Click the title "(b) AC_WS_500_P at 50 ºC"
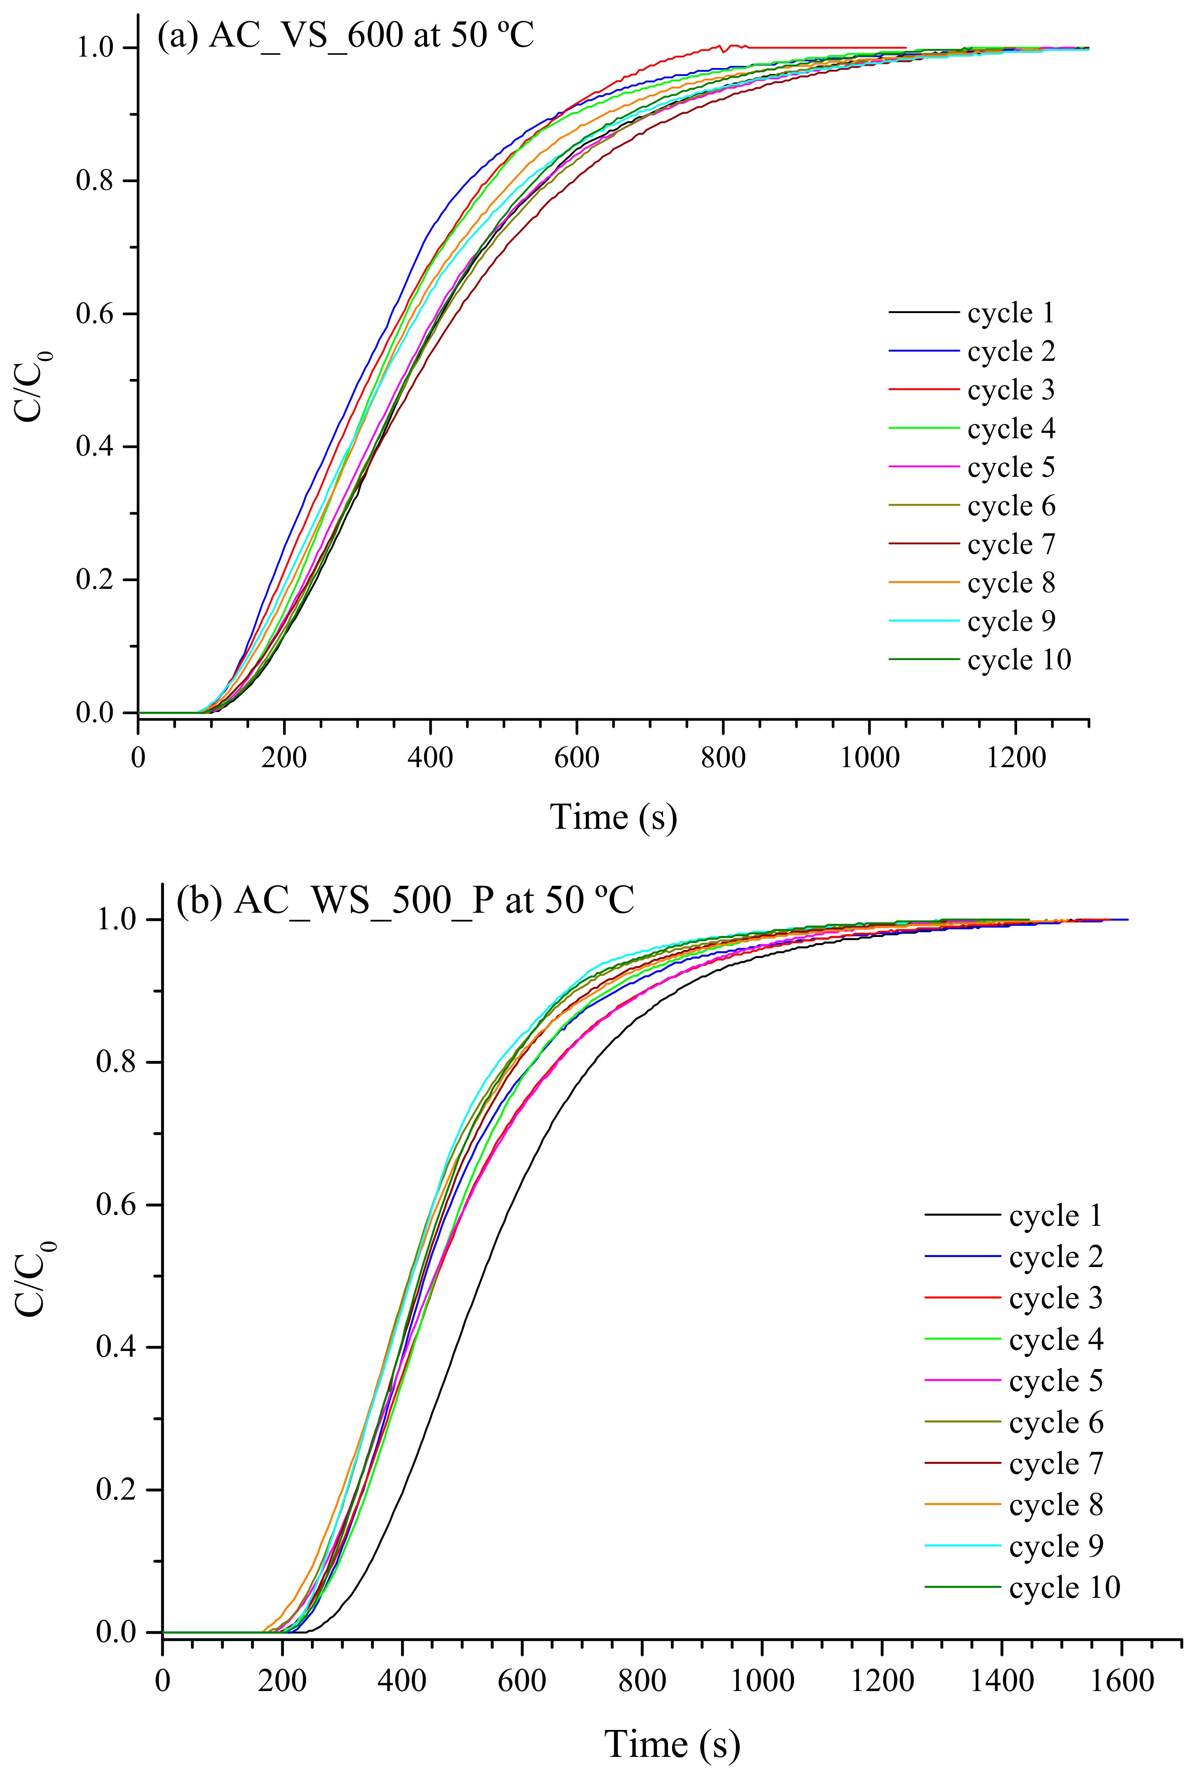[405, 900]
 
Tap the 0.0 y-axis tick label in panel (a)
[96, 713]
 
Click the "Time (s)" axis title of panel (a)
[613, 817]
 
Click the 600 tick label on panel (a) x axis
[577, 758]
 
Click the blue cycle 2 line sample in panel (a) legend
[924, 351]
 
